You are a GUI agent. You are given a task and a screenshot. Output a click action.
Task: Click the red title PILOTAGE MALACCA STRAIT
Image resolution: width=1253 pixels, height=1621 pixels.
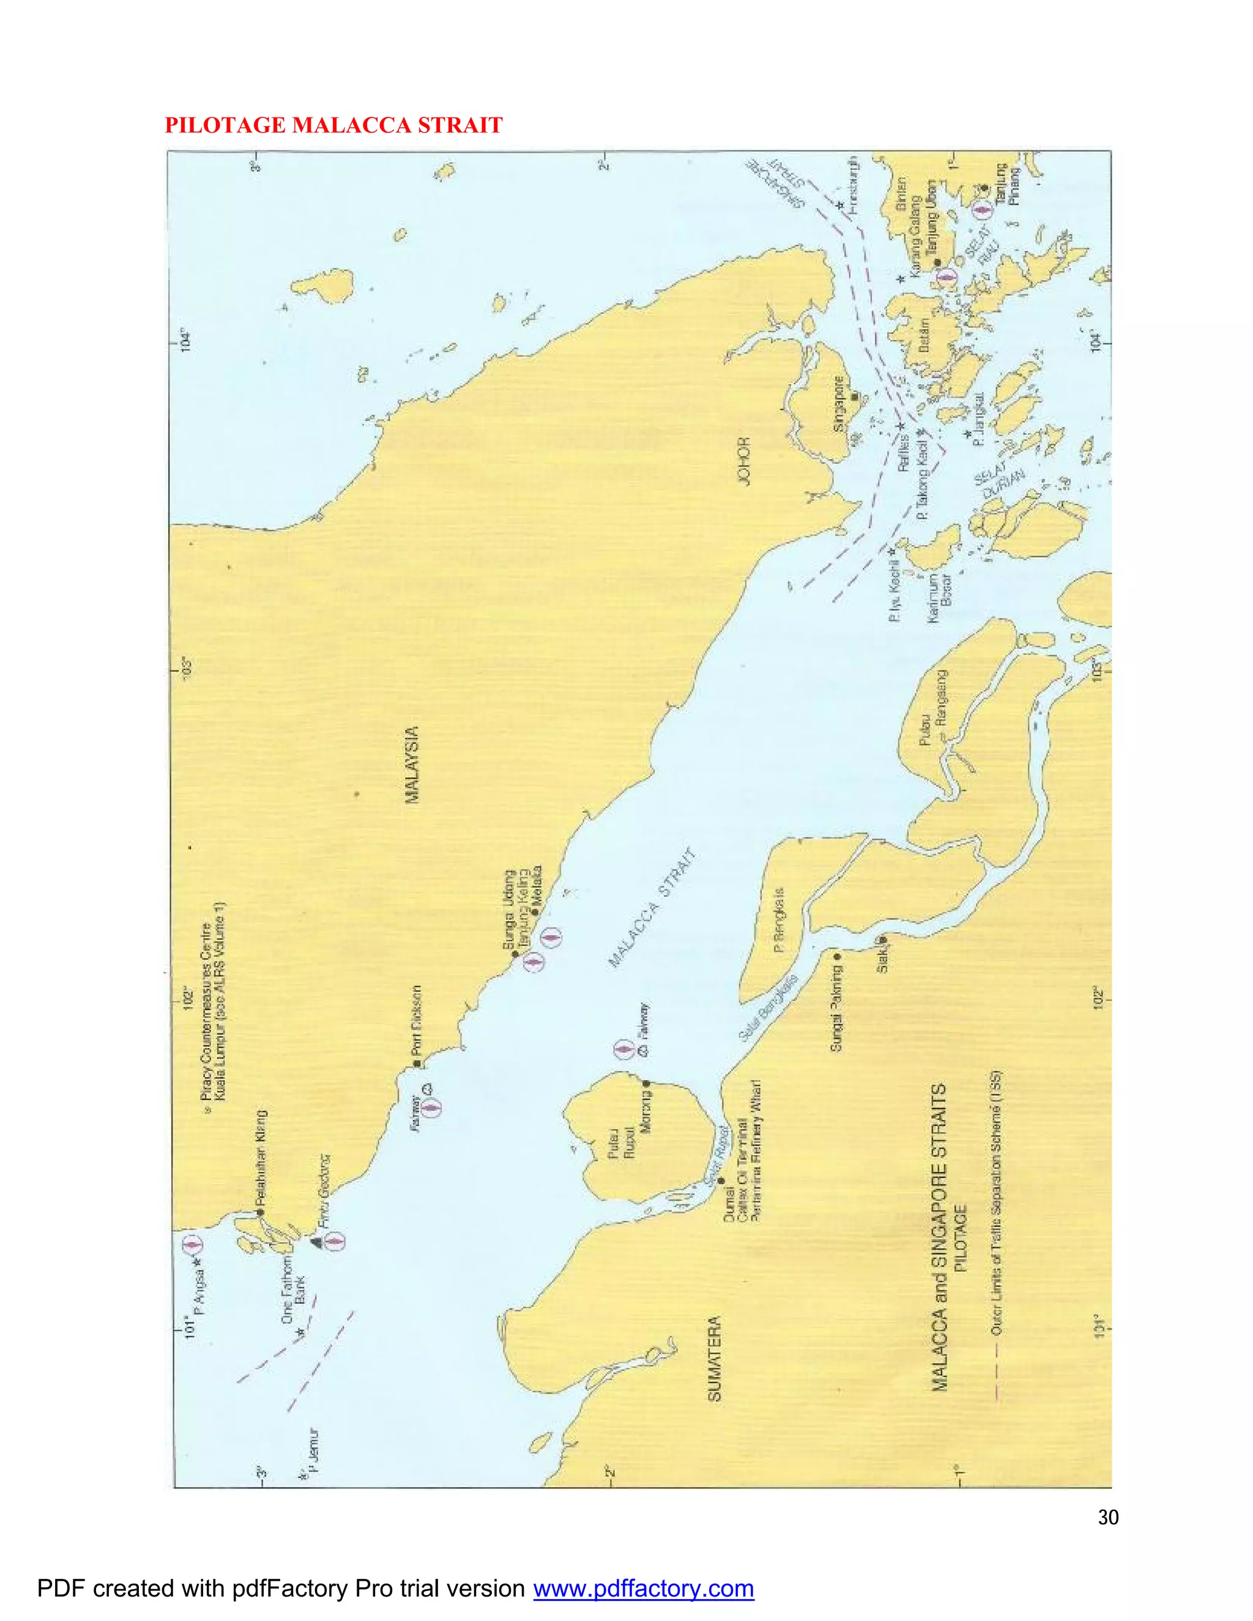[333, 125]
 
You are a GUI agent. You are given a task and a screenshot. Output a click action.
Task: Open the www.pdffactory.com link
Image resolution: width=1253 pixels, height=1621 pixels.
[644, 1589]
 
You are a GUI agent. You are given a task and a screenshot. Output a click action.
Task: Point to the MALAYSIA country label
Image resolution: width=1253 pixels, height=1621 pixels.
[411, 765]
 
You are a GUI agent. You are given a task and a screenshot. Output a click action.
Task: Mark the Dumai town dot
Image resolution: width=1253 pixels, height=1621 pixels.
[721, 1180]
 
